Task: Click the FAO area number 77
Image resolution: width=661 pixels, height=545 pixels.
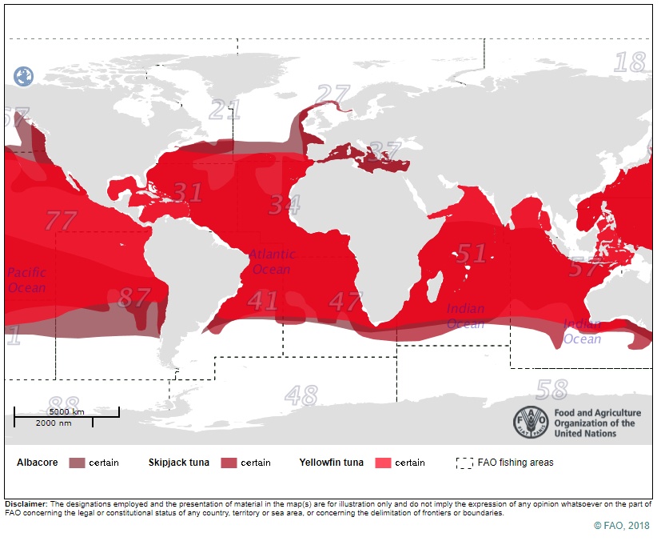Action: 61,220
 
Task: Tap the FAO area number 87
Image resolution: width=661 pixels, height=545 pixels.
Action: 133,298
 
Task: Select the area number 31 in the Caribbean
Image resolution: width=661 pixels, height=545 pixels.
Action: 189,193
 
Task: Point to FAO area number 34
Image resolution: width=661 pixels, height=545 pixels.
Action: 284,205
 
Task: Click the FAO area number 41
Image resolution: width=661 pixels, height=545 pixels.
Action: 263,301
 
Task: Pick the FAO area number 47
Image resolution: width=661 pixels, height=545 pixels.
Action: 346,302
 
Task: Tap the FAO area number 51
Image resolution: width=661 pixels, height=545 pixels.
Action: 471,254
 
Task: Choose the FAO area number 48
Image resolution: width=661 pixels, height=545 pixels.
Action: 301,395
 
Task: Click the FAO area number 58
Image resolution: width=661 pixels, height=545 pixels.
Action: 551,390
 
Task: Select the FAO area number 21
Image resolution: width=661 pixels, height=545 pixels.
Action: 225,110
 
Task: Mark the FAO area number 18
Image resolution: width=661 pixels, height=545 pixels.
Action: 631,62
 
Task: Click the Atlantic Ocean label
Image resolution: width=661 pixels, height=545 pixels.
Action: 272,262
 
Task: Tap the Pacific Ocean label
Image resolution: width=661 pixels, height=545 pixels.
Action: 27,280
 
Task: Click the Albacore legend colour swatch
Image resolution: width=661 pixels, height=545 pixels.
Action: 77,463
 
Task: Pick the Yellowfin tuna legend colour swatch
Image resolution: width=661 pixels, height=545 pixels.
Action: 382,463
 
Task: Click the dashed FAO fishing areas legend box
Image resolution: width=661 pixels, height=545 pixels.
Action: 464,463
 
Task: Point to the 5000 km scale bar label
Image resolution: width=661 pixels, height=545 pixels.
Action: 67,411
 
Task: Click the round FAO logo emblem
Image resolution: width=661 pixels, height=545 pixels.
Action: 530,423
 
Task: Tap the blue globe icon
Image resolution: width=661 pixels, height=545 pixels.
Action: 24,77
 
